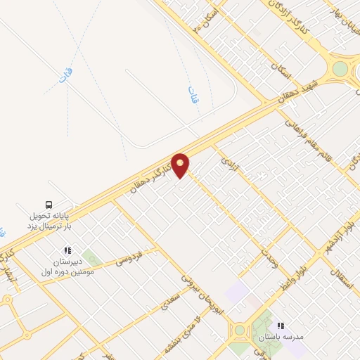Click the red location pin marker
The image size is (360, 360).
[x=181, y=165]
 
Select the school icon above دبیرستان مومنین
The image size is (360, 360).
[x=67, y=250]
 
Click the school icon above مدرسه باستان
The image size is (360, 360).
[x=281, y=326]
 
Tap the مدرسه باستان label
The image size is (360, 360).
[x=281, y=337]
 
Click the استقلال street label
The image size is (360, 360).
[x=340, y=266]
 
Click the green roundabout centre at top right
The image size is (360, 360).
[x=340, y=69]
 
